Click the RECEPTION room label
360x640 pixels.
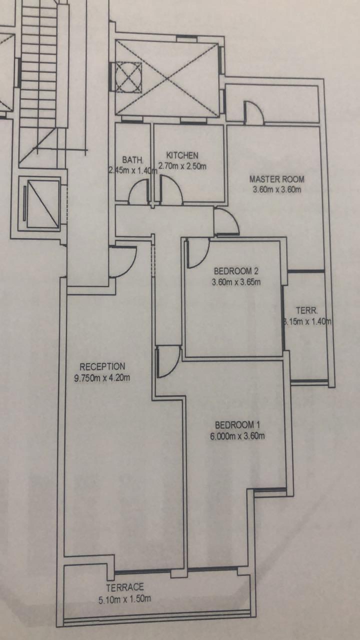[x=102, y=366]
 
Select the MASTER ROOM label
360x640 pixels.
[x=276, y=179]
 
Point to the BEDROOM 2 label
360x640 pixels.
[x=236, y=271]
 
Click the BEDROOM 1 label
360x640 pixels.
[x=237, y=425]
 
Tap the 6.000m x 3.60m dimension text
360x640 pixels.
[x=237, y=436]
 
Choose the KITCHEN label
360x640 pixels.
[x=182, y=155]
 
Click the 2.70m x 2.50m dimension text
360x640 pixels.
[x=182, y=166]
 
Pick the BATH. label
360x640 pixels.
[x=133, y=160]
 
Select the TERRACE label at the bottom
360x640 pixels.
[x=125, y=587]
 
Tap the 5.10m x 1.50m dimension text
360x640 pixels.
[x=125, y=598]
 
